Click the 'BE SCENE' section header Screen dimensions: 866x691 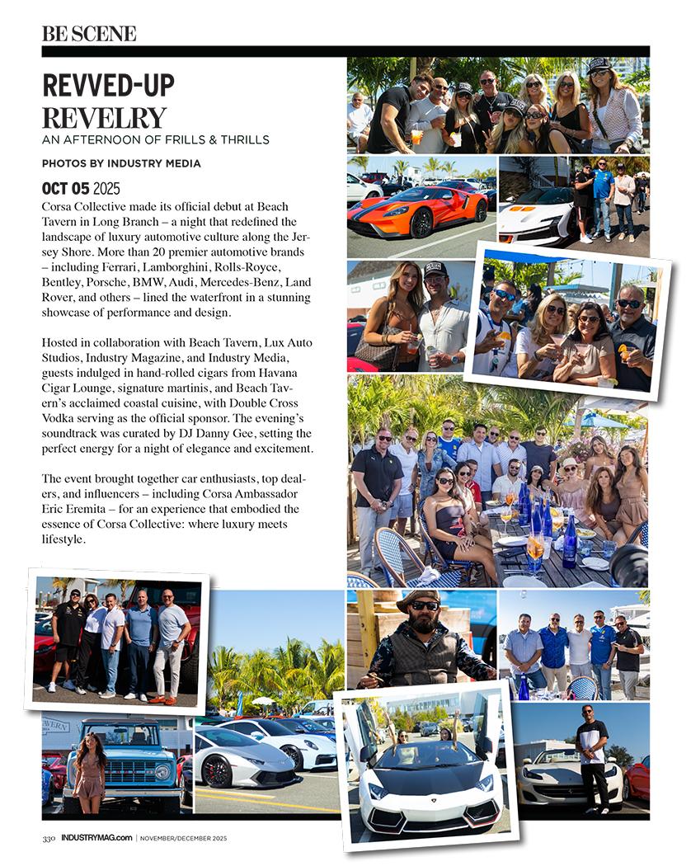(89, 34)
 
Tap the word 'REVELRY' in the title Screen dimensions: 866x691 (104, 118)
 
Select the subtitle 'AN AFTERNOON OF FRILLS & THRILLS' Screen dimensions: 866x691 (156, 139)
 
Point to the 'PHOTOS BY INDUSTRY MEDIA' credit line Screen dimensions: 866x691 (121, 163)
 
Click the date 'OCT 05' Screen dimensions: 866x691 (66, 188)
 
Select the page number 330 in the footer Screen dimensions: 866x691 (49, 839)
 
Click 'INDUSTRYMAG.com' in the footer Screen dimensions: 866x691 (96, 839)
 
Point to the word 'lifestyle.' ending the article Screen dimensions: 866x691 (64, 539)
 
